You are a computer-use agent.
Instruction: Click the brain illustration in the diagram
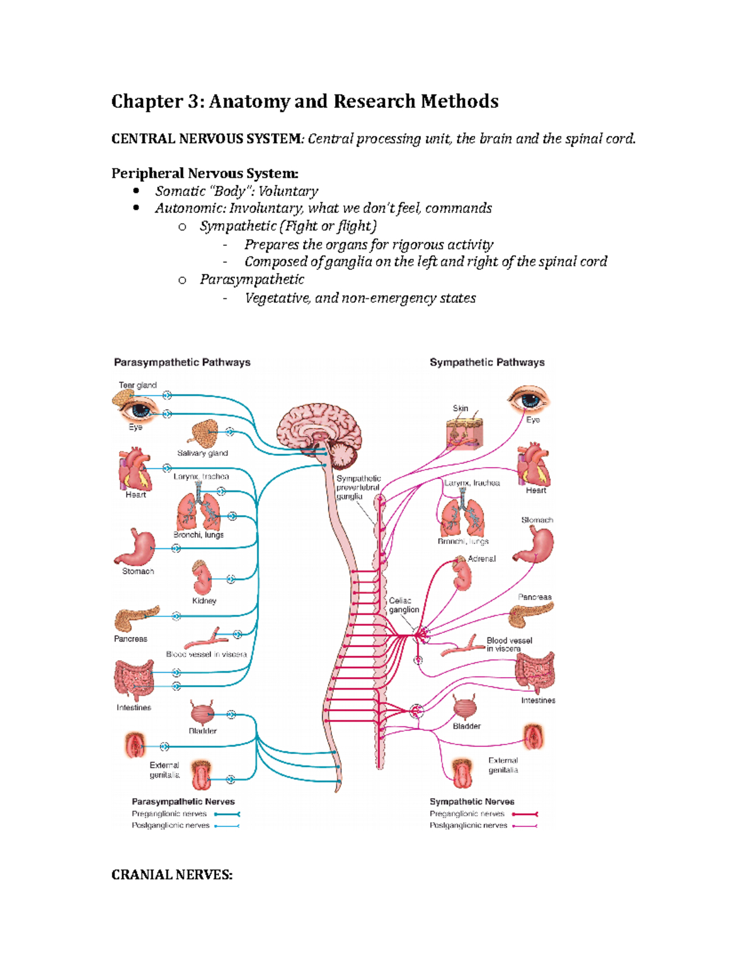coord(319,431)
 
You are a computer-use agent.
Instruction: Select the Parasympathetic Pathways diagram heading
coord(182,362)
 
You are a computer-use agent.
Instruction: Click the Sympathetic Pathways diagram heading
coord(487,362)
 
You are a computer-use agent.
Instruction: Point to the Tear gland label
coord(137,385)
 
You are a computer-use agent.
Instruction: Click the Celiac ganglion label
coord(403,605)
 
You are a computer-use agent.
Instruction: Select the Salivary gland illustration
coord(204,434)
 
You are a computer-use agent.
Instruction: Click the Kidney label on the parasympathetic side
coord(204,601)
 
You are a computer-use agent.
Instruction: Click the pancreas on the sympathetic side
coord(532,615)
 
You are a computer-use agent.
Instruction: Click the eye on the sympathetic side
coord(529,400)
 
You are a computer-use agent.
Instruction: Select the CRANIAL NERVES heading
coord(172,875)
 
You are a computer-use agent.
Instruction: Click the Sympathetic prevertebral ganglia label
coord(358,487)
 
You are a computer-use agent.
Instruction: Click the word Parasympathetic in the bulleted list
coord(252,279)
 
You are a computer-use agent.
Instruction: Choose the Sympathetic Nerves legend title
coord(472,802)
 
